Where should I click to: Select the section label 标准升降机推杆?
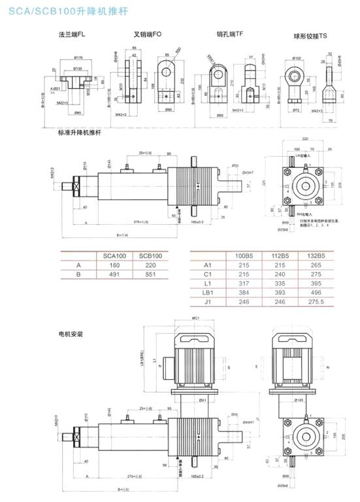click(79, 133)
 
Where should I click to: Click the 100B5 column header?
click(244, 256)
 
